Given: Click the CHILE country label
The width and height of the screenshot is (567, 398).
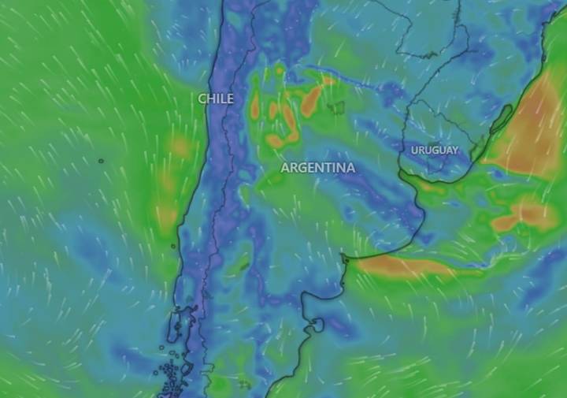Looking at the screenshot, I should coord(216,99).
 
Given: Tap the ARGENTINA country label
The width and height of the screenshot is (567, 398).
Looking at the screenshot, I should coord(317,168).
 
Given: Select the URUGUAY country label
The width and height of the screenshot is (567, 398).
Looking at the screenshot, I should coord(434,150).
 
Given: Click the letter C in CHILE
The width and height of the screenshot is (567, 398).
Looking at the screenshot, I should coord(202,99).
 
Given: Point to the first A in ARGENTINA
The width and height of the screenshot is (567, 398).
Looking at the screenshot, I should coord(285,168).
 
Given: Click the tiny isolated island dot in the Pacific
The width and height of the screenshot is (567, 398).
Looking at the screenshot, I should coord(101,162).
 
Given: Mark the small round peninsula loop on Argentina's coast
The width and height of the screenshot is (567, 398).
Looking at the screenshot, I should coord(317,324).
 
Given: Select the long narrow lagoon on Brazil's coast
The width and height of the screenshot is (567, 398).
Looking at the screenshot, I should coord(501,119).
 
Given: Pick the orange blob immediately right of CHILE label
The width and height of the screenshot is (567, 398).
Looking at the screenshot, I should coord(255,106).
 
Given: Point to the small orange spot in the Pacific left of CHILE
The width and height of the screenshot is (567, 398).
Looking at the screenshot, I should coord(180,147).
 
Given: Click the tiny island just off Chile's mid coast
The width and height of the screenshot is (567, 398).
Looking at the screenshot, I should coord(173,246).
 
